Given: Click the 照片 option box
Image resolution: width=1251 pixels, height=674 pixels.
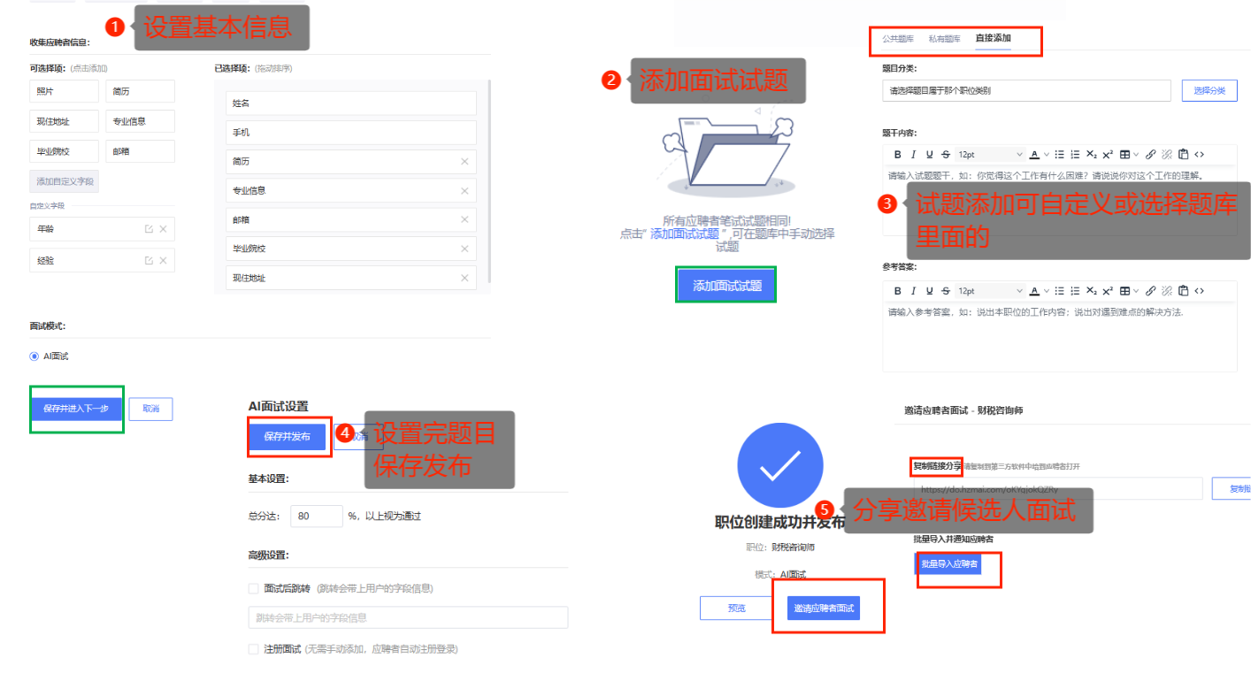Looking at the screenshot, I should click(x=64, y=91).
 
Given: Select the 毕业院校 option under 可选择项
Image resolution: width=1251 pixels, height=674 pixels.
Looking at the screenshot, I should click(x=64, y=151).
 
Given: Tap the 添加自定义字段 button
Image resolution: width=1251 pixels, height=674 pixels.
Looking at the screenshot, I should click(x=64, y=182).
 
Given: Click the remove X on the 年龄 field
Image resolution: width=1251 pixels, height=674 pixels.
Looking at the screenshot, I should click(x=163, y=230).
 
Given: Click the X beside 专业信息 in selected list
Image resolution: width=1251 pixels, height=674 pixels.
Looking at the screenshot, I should click(x=464, y=190).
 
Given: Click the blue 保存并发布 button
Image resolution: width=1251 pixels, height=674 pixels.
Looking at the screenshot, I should click(x=287, y=437).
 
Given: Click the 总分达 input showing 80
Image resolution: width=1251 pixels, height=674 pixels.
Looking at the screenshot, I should click(x=316, y=516).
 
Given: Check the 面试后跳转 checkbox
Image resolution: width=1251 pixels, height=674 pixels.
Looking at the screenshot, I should click(x=254, y=588).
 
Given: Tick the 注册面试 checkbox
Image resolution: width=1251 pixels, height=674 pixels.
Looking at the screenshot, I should click(x=254, y=649).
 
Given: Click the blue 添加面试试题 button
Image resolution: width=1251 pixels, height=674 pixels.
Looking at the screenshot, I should click(x=726, y=286).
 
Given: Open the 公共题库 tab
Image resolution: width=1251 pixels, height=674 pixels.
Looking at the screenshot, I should click(x=898, y=39).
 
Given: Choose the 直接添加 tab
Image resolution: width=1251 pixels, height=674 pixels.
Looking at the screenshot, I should click(x=993, y=39).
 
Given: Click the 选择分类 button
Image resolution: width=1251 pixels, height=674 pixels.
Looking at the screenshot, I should click(x=1209, y=90).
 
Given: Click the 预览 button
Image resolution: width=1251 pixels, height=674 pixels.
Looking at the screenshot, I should click(x=736, y=609).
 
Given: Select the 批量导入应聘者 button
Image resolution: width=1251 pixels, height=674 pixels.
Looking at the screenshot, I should click(x=949, y=563).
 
